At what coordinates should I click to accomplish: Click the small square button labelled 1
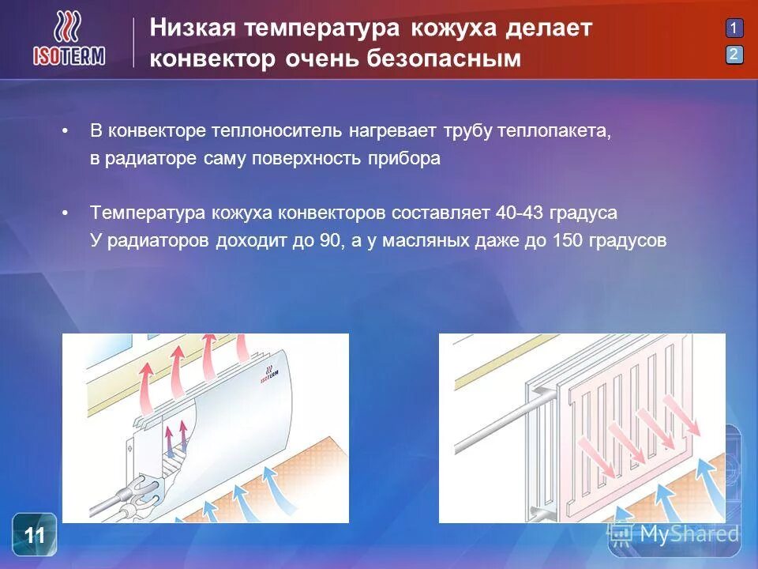tap(734, 28)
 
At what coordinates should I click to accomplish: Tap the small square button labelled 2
tap(734, 55)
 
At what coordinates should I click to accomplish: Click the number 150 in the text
tap(569, 241)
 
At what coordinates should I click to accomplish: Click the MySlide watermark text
tap(689, 534)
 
